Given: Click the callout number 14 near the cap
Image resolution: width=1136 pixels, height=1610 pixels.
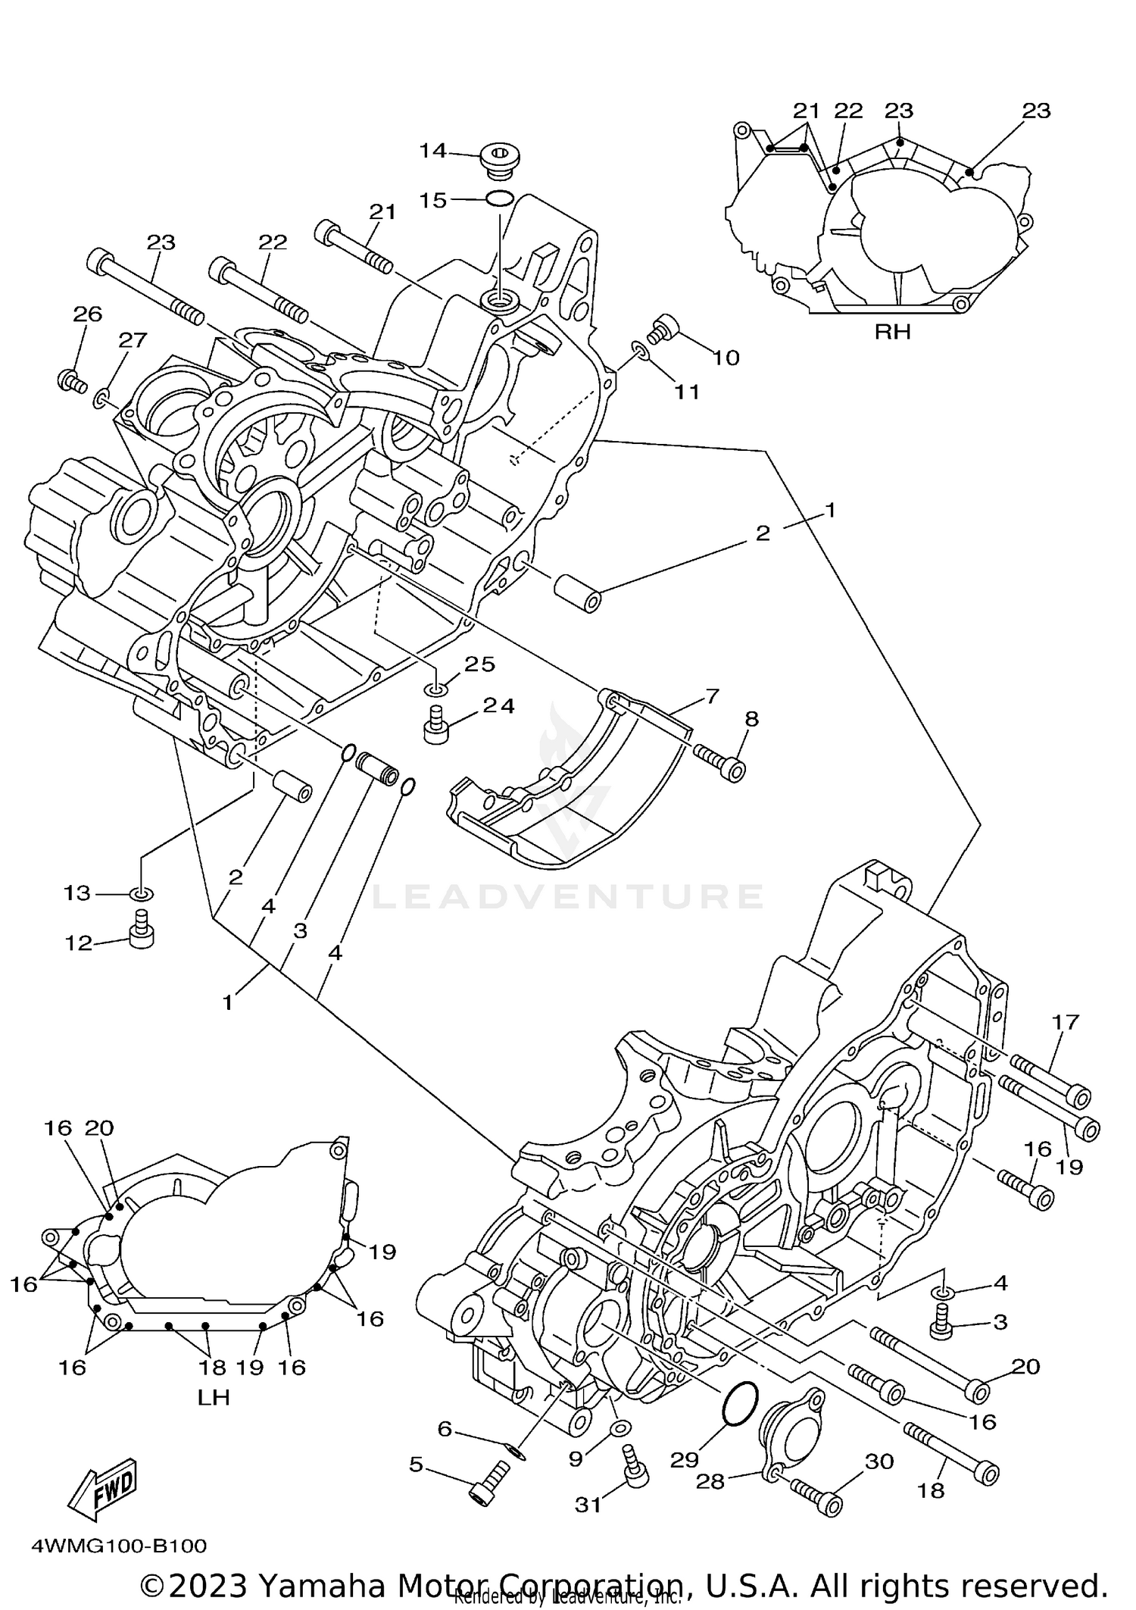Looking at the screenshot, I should (x=433, y=151).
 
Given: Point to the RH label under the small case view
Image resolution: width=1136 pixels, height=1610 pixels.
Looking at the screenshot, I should (x=892, y=332).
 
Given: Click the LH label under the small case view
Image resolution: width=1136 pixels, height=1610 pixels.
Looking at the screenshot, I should (x=214, y=1398).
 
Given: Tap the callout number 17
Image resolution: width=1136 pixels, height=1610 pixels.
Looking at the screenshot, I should (x=1065, y=1022).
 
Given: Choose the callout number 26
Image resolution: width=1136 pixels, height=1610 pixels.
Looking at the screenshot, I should (x=88, y=314).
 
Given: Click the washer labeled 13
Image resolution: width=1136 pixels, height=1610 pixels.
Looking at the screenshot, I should (x=141, y=894).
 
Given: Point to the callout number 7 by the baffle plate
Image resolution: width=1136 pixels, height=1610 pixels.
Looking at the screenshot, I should (x=712, y=696).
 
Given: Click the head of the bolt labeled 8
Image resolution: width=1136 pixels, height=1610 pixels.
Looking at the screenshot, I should (x=734, y=771).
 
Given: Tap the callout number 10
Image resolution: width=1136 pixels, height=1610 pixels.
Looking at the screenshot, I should (x=726, y=357).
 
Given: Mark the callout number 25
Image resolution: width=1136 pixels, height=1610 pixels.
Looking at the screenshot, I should (x=479, y=664).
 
